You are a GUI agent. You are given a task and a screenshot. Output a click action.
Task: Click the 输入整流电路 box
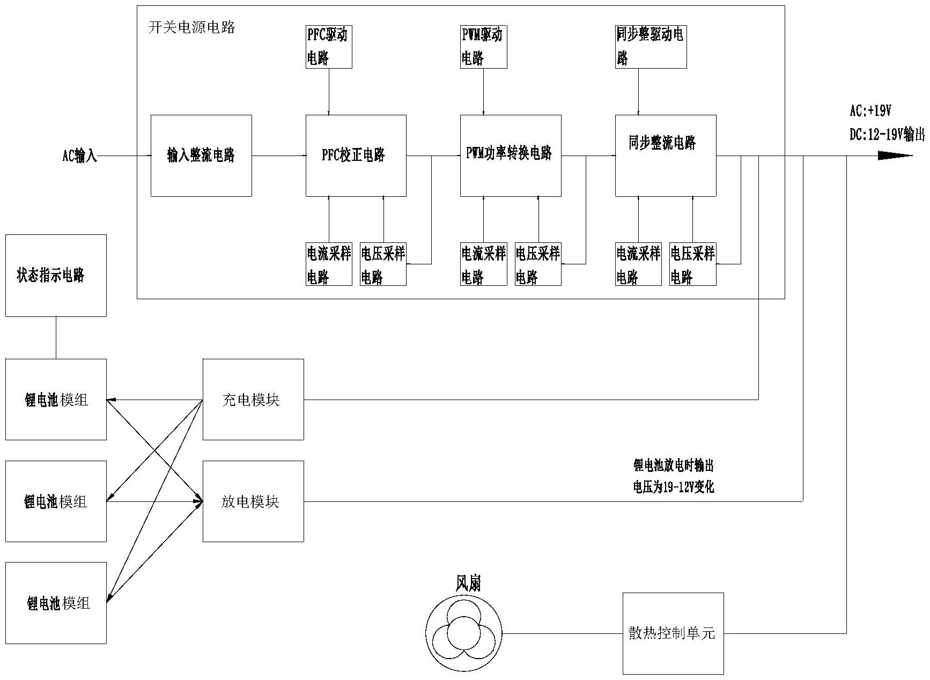point(201,156)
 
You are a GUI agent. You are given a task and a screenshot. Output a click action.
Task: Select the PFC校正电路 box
point(356,156)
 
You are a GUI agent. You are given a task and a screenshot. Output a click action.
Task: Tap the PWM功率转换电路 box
point(511,156)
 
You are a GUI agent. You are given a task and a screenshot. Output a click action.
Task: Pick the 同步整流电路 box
point(665,156)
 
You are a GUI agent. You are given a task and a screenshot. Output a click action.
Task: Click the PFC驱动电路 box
point(329,47)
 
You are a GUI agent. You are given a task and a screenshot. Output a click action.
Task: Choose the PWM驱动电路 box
point(483,47)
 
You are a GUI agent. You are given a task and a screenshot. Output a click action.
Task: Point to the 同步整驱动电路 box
point(651,47)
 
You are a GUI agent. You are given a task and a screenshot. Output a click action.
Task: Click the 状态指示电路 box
point(56,276)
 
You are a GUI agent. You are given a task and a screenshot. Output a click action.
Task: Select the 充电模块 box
point(253,400)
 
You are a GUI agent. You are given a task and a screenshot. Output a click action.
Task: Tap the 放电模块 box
point(253,501)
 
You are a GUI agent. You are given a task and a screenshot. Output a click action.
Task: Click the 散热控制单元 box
point(673,633)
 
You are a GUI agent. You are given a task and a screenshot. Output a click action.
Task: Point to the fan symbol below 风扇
point(464,633)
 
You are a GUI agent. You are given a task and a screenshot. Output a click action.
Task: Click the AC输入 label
point(80,156)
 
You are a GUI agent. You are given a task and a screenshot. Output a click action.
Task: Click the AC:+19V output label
point(870,111)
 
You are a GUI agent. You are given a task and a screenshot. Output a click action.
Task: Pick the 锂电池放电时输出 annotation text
point(673,465)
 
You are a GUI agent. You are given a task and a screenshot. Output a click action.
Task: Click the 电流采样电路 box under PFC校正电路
point(329,264)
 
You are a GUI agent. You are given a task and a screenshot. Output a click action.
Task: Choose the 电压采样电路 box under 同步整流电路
point(692,264)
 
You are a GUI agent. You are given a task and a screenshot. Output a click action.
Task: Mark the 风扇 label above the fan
point(468,583)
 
